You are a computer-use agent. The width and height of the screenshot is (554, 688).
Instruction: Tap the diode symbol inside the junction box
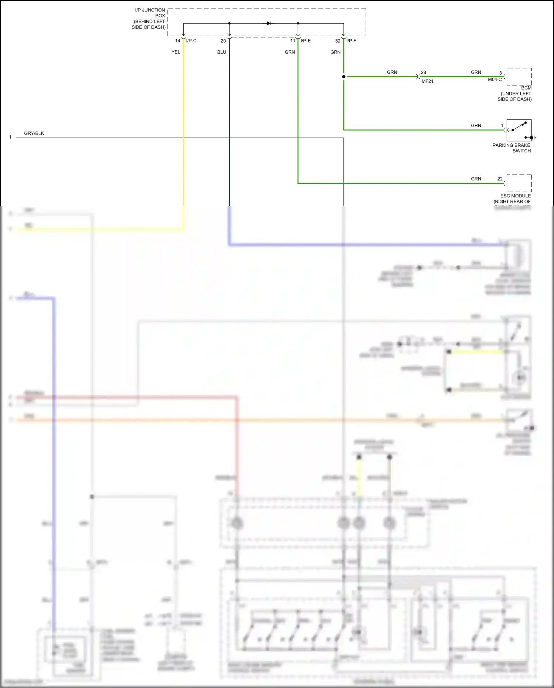point(269,23)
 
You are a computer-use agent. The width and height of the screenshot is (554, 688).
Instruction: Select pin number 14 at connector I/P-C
point(178,41)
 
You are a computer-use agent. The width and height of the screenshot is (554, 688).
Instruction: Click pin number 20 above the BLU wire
point(223,41)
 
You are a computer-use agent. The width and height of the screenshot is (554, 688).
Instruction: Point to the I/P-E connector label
point(306,41)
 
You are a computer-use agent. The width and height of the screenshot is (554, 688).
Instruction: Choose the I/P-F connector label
point(351,41)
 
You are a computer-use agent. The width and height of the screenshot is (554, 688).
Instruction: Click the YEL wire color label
point(176,52)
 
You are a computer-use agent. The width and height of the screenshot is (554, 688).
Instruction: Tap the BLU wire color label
point(222,52)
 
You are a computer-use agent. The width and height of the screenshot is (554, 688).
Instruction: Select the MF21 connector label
point(427,81)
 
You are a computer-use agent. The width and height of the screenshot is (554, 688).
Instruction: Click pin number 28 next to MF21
point(424,72)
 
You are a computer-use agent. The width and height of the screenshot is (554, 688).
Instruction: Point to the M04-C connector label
point(495,79)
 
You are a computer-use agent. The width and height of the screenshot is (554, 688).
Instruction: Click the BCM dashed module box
point(519,77)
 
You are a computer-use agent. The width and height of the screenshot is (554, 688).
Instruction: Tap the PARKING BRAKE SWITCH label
point(511,148)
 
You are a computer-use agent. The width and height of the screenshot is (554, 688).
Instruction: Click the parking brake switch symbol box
point(519,130)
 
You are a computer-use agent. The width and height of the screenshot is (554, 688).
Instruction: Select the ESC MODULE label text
point(515,196)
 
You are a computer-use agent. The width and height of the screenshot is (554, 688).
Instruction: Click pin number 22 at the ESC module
point(500,179)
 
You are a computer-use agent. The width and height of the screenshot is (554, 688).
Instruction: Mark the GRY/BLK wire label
point(34,133)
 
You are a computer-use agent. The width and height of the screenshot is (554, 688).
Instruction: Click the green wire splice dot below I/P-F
point(344,77)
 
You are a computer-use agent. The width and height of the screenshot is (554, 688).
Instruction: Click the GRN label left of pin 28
point(392,72)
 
